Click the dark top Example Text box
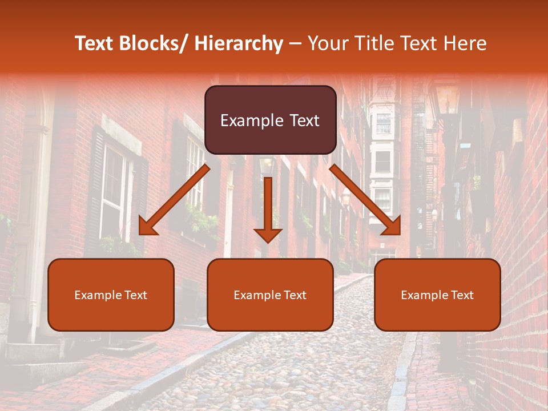(x=270, y=120)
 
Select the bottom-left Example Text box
(x=111, y=295)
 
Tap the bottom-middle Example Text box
(x=270, y=295)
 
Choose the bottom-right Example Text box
(x=437, y=295)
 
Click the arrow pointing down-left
(x=174, y=200)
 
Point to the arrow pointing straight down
(x=268, y=209)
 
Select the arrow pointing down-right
(x=365, y=200)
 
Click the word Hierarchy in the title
(x=238, y=43)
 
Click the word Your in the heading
(x=327, y=43)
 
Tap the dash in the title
(x=295, y=43)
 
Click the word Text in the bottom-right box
(x=461, y=295)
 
